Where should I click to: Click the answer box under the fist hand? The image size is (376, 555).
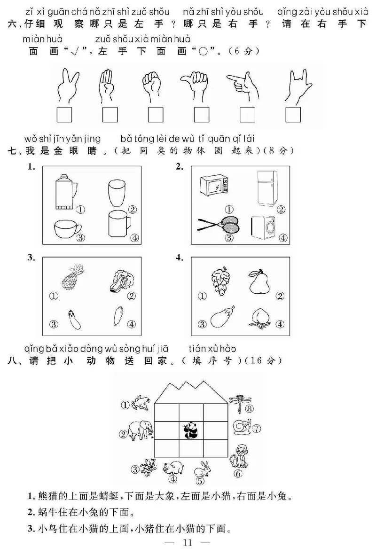(155, 115)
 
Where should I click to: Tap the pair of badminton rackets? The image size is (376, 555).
(218, 225)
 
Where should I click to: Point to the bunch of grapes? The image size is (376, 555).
(219, 280)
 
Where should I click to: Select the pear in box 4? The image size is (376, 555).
(258, 281)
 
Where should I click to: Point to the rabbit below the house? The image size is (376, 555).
(203, 469)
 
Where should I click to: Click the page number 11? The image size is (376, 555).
(188, 544)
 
